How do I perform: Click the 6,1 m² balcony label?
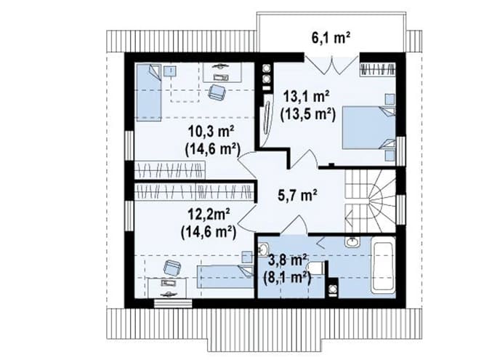[331, 39]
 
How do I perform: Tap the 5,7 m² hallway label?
[297, 196]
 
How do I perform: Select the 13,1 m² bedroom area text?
[307, 97]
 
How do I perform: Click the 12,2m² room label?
[209, 215]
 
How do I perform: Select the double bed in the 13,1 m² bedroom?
[368, 128]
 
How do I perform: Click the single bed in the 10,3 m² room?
[149, 92]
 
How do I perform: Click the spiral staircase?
[371, 201]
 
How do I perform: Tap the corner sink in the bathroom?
[263, 249]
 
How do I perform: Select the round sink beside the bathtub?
[352, 242]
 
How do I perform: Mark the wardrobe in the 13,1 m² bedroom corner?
[378, 69]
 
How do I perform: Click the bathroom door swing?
[295, 225]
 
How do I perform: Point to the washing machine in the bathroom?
[334, 288]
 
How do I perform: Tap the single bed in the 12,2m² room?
[225, 276]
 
